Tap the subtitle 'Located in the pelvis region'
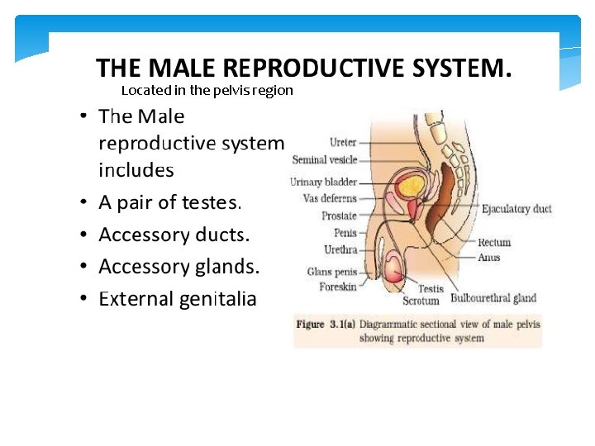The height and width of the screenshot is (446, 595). (x=207, y=90)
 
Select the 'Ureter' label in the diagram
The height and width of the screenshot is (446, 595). (x=342, y=142)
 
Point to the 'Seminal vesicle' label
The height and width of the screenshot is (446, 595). (x=324, y=159)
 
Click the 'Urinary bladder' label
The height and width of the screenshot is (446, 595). (x=323, y=182)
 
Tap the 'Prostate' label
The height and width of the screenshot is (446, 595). (x=339, y=216)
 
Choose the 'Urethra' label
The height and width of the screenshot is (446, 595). (x=340, y=249)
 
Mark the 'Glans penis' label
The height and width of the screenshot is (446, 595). (x=331, y=272)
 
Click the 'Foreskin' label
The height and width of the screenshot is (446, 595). (x=337, y=287)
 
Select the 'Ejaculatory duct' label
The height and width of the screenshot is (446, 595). (x=516, y=209)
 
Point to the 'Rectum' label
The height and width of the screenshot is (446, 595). (x=494, y=243)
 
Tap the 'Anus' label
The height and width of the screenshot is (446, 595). (x=489, y=257)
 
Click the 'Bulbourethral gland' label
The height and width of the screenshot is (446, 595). (x=493, y=298)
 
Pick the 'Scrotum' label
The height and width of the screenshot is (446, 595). (x=421, y=301)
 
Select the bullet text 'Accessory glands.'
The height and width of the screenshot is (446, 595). (x=178, y=267)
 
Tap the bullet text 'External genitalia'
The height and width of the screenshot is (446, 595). (x=177, y=299)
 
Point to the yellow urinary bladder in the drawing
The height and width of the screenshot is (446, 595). (x=410, y=185)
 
